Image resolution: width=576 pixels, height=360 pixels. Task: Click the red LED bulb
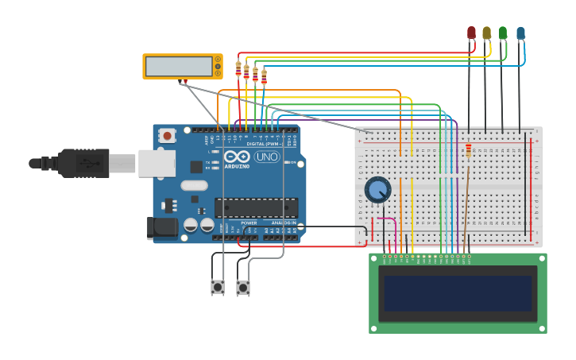coord(471,33)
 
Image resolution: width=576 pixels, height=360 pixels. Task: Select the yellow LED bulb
coord(487,33)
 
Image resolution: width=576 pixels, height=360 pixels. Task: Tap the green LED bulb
coord(503,33)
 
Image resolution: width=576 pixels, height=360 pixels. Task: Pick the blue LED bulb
coord(520,33)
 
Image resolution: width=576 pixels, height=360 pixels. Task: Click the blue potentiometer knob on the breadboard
coord(377,190)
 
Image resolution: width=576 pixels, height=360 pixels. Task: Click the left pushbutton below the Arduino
coord(217,287)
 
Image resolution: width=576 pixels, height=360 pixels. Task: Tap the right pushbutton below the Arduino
coord(243,287)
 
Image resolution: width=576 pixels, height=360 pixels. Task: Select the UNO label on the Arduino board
coord(266,157)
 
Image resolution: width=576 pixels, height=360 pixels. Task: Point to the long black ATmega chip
coord(256,208)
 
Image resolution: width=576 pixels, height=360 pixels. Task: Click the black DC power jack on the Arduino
coord(163,228)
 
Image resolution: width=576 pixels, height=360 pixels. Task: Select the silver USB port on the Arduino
coord(157,163)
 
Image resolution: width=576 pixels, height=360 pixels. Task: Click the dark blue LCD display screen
coord(458,293)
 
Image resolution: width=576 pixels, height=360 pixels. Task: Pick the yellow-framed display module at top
coord(182,66)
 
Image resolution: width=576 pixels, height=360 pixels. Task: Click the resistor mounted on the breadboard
coord(468,149)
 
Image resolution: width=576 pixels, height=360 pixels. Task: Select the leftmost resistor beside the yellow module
coord(238,69)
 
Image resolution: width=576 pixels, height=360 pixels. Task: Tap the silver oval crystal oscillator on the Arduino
coord(194,186)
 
